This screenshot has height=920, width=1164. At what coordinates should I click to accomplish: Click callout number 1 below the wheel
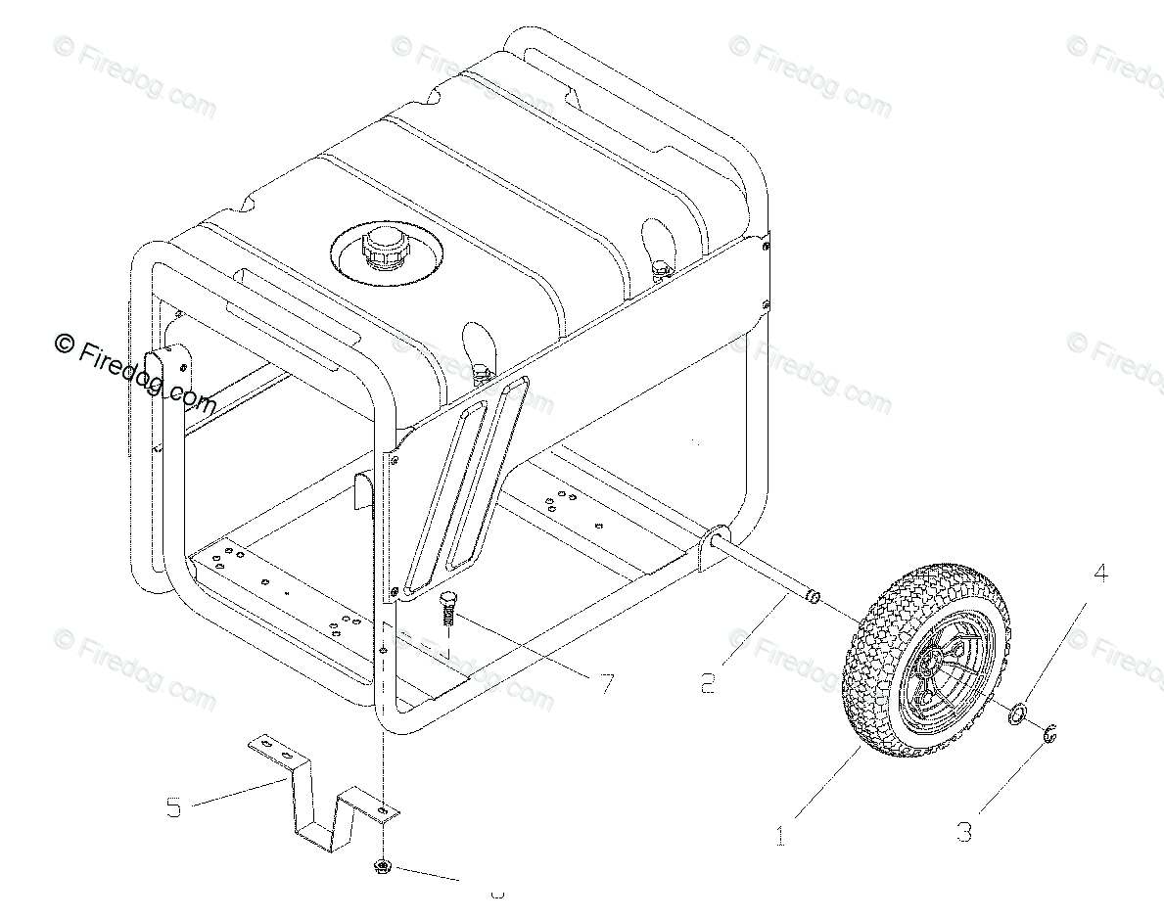[x=780, y=838]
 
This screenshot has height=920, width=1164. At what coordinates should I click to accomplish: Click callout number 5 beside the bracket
[x=174, y=808]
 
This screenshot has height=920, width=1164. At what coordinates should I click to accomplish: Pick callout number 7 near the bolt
[x=607, y=682]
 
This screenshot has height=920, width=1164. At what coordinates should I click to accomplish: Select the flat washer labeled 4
[x=1017, y=714]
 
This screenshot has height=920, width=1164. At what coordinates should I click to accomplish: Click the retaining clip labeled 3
[x=1048, y=733]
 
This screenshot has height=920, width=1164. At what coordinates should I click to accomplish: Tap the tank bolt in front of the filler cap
[x=480, y=371]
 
